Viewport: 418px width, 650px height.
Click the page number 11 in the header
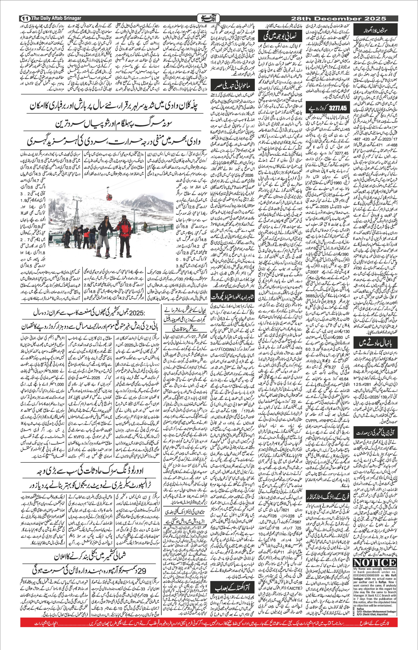coord(25,19)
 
